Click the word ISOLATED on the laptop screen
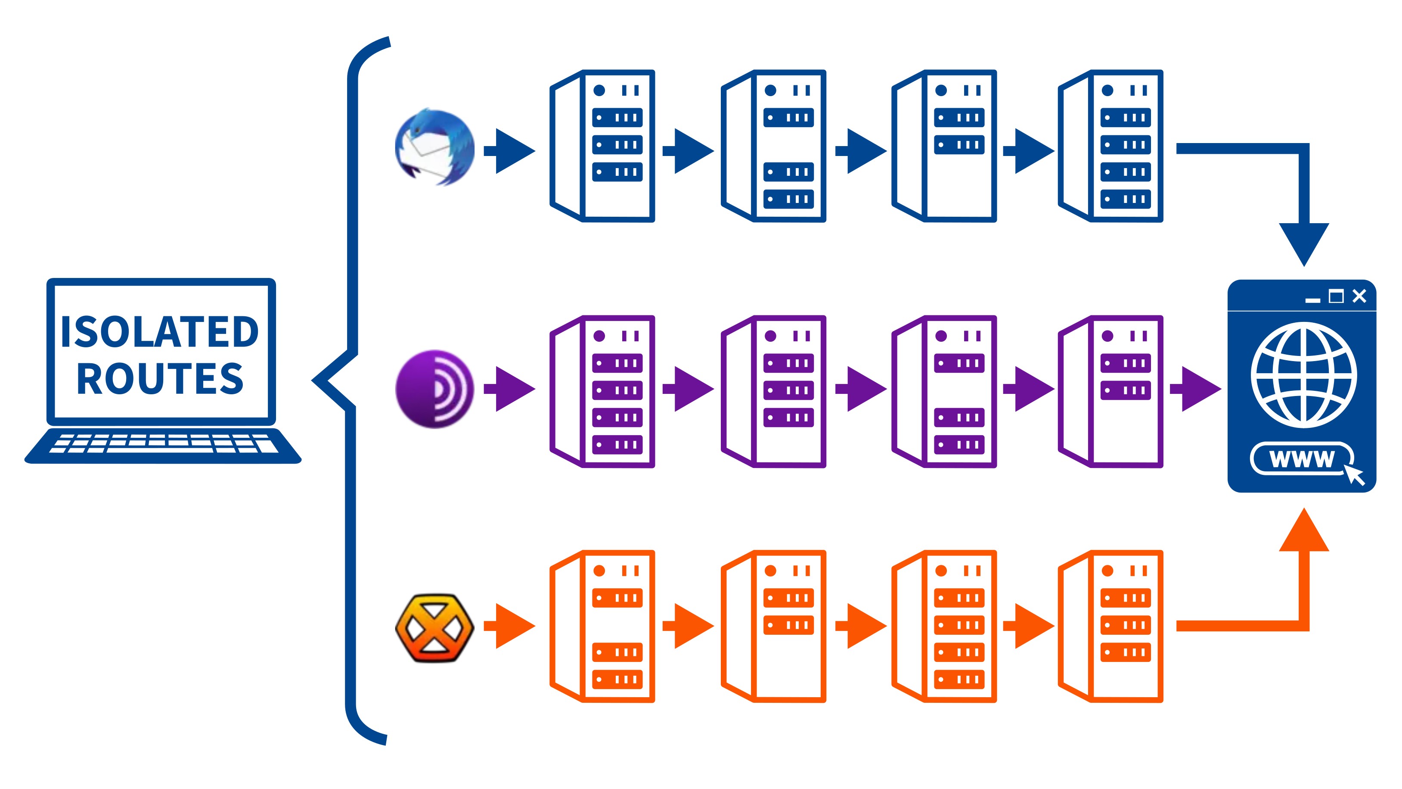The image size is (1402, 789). [x=159, y=332]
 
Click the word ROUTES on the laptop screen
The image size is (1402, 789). [x=159, y=378]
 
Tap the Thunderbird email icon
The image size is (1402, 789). [x=434, y=147]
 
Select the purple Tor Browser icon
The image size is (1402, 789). [x=434, y=389]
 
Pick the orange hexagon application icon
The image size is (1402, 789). [x=434, y=627]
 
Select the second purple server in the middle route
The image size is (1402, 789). [x=774, y=391]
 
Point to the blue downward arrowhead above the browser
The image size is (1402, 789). [x=1304, y=242]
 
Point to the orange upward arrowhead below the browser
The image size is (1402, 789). [x=1304, y=531]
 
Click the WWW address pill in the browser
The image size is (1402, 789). [x=1301, y=458]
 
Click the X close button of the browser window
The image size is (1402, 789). [x=1359, y=296]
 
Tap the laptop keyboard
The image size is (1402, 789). [x=163, y=444]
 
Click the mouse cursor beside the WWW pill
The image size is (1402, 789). [x=1355, y=475]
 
